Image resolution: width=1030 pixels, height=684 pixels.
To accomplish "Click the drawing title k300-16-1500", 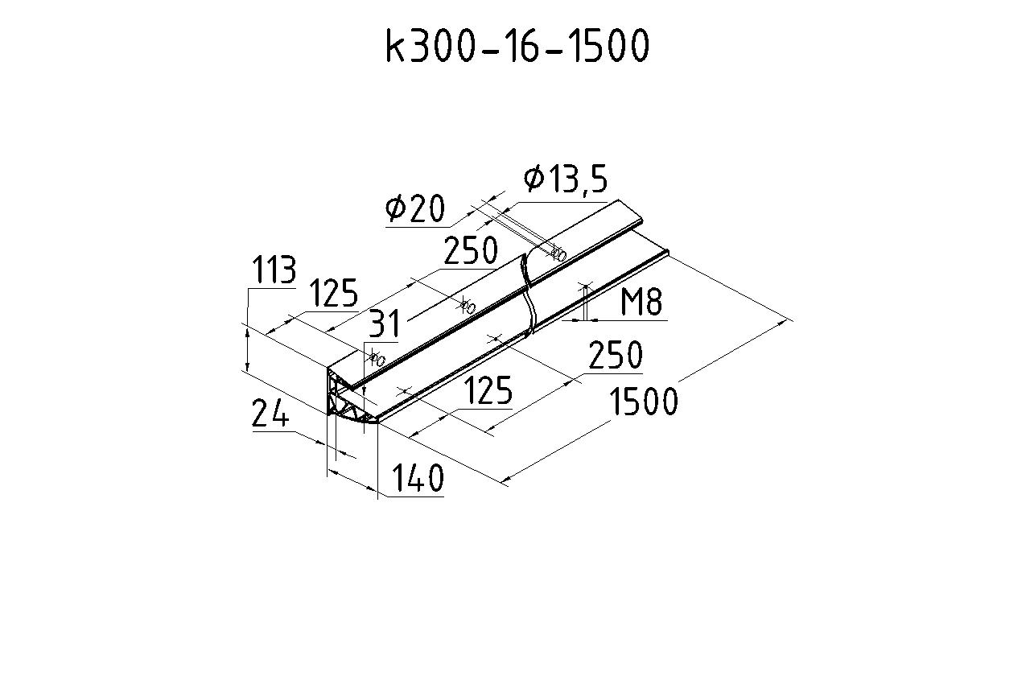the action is pos(517,46).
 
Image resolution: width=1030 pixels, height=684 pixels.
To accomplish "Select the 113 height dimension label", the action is pos(274,270).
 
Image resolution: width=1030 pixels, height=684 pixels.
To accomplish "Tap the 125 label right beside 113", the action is pos(333,293).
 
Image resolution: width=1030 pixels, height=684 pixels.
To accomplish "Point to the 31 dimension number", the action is pos(385,323).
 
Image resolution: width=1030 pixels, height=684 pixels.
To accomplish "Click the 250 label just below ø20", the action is pos(471,250).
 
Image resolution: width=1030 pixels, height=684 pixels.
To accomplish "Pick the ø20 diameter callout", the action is pos(415,208).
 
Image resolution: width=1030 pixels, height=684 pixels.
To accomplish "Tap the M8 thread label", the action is pos(641,302).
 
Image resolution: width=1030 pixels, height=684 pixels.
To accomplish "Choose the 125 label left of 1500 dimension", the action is pos(488,390).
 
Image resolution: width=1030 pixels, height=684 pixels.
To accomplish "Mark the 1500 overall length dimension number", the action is pos(643,402).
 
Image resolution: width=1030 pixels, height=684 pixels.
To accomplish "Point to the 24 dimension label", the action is pos(270,413).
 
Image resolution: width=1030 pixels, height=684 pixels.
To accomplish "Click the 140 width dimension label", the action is pos(418,478).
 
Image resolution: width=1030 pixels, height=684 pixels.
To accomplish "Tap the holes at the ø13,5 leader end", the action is pos(558,253).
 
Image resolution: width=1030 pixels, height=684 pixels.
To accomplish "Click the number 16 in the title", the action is pos(523,46).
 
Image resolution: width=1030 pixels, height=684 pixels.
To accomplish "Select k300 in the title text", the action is pos(430,46).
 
